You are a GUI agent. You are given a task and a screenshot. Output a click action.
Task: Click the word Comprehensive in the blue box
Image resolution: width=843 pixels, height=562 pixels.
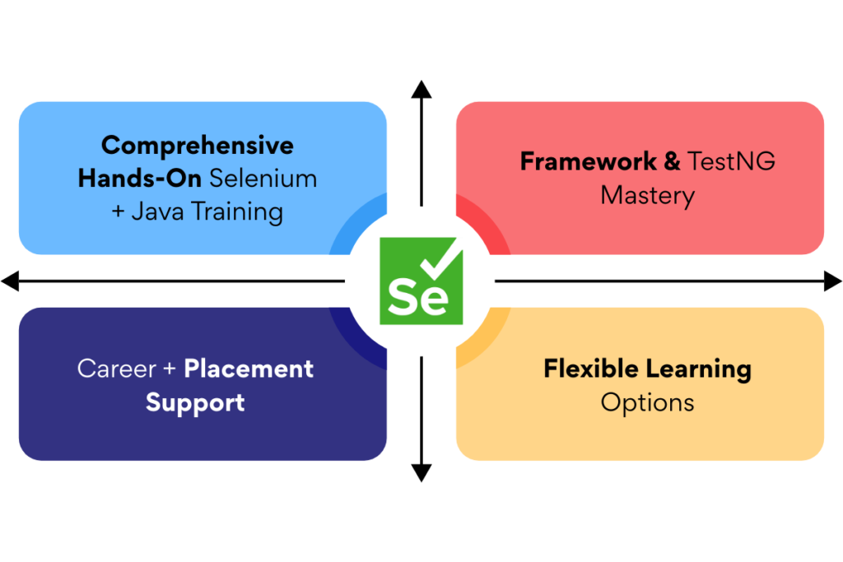pos(198,146)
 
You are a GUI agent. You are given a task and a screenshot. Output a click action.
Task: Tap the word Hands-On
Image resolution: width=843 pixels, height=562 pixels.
pos(140,179)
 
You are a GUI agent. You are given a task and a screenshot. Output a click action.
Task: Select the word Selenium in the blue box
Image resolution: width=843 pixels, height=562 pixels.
pos(263,179)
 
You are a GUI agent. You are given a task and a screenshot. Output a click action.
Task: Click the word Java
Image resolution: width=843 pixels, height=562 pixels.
pos(159,212)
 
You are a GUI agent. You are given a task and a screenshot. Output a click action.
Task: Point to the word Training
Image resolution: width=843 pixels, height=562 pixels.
pos(238,212)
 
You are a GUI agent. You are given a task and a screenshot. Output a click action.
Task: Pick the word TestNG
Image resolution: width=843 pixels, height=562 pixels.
pos(732,161)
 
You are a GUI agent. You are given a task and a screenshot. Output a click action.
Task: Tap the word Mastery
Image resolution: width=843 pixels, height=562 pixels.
pos(647,196)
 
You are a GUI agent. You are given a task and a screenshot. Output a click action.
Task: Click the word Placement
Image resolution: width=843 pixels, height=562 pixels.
pos(249,369)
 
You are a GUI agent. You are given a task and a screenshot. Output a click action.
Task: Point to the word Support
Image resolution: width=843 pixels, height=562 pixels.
pos(195,403)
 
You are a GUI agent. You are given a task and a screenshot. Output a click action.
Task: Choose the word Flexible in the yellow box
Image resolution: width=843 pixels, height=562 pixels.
pos(585,369)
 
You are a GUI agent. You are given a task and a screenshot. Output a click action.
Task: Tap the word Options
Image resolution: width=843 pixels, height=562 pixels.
pos(647,403)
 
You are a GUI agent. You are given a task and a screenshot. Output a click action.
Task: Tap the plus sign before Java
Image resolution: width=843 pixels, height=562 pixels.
pos(118,213)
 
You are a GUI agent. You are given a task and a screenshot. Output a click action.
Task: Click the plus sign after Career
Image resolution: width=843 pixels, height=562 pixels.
pos(169,369)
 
